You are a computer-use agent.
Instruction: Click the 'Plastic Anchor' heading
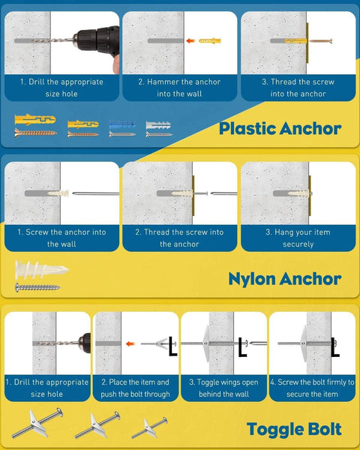[280, 128]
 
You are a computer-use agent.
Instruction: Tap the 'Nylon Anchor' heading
[284, 279]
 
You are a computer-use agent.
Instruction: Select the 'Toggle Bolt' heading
[294, 430]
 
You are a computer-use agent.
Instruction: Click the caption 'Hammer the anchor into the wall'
[179, 88]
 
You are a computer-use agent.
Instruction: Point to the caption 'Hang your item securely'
[298, 238]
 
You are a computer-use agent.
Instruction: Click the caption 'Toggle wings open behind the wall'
[223, 388]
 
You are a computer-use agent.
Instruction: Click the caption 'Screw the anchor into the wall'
[62, 238]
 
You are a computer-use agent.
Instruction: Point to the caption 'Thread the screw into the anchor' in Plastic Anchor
[298, 88]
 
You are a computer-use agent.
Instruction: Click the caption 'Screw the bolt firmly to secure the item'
[312, 388]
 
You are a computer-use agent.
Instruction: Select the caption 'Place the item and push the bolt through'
[135, 388]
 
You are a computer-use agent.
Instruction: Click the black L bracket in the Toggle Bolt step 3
[242, 346]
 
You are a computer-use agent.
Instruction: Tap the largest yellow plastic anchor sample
[34, 120]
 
